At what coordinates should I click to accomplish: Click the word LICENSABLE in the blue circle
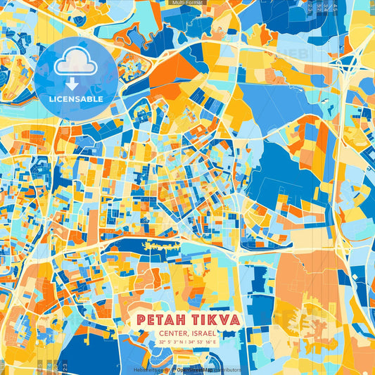pyautogui.click(x=76, y=99)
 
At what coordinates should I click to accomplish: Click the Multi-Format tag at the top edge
pyautogui.click(x=187, y=3)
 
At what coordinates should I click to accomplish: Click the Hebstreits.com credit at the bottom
pyautogui.click(x=153, y=369)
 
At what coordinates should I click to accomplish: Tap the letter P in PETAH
pyautogui.click(x=142, y=320)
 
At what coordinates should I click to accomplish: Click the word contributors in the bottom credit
pyautogui.click(x=226, y=369)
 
